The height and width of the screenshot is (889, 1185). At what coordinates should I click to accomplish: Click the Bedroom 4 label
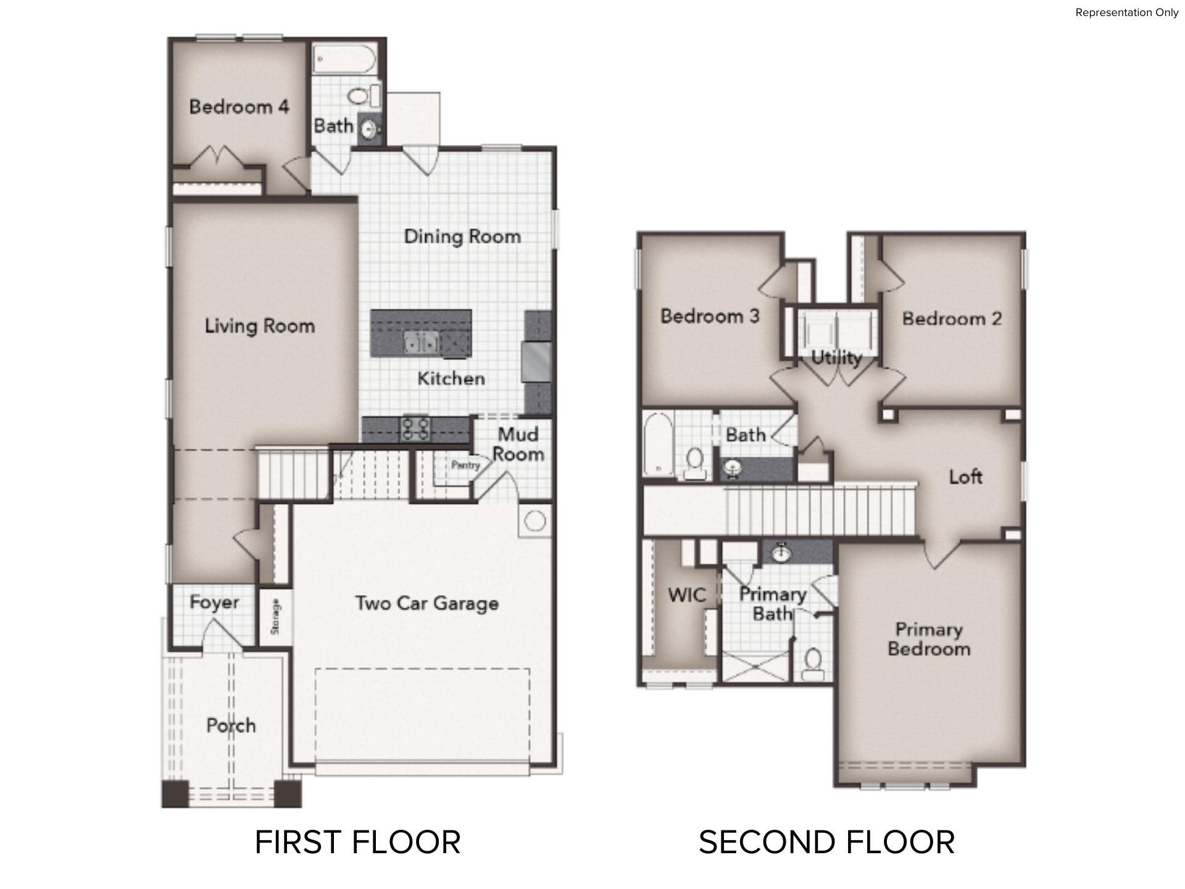pos(239,107)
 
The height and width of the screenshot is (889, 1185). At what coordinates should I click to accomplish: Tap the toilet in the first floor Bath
pos(364,96)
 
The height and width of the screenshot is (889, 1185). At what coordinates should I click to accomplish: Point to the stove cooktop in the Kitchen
pos(415,428)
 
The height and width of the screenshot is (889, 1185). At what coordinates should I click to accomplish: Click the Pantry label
pos(465,465)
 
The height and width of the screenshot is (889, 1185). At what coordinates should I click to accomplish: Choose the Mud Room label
pos(518,444)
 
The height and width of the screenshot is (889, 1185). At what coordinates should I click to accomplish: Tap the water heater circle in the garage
pos(535,521)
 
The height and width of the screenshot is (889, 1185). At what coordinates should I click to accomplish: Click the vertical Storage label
pos(275,616)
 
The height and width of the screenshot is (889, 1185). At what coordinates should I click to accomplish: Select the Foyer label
pos(214,603)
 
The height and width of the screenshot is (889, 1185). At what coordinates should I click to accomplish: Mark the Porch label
pos(231,725)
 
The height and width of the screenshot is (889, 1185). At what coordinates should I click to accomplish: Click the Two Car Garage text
pos(427,603)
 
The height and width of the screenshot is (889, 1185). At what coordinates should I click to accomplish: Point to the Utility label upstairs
pos(836,357)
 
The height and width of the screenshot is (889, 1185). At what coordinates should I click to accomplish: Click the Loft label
pos(966,477)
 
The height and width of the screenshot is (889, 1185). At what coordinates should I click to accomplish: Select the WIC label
pos(687,595)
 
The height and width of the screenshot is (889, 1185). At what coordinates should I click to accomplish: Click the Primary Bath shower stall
pos(755,669)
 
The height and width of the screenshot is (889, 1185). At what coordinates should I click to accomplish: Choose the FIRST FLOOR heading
pos(358,842)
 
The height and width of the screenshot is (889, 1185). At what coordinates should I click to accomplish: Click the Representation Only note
pos(1127,12)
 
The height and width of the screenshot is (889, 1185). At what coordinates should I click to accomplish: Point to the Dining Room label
pos(462,236)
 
